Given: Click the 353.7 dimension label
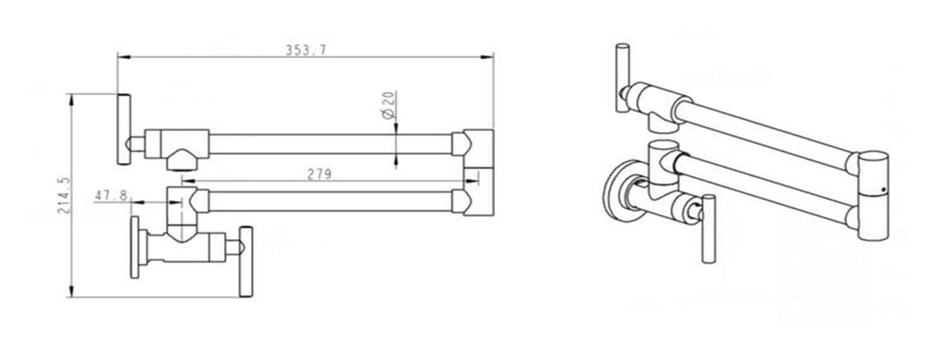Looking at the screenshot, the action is (306, 50).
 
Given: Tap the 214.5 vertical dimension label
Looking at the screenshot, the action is (64, 196).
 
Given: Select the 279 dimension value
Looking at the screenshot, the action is (320, 174).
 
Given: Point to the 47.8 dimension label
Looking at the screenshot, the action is (111, 196).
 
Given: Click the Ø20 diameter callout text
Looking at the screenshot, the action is (389, 105).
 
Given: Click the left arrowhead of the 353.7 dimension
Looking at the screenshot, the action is (124, 57).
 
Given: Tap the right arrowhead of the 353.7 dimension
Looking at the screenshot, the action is (487, 57).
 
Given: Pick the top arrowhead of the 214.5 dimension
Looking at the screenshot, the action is (72, 101).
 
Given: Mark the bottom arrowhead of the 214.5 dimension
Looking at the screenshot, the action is (72, 290).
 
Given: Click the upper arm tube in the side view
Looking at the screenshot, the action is (331, 144).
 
